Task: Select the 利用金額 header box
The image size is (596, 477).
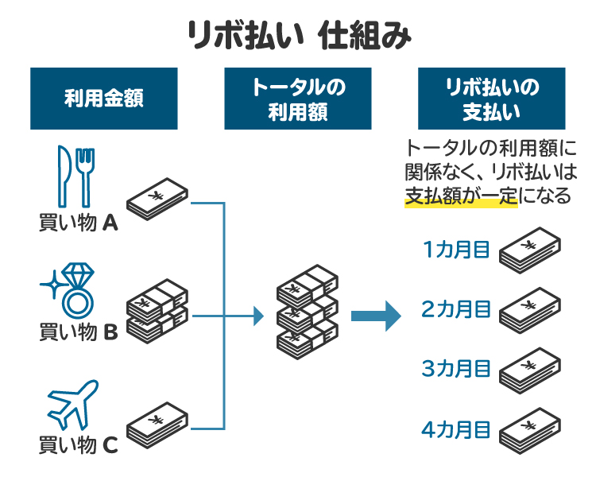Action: click(103, 99)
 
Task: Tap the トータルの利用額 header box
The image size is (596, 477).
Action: click(298, 99)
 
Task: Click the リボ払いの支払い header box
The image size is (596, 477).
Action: click(492, 99)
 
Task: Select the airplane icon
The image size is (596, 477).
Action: click(73, 405)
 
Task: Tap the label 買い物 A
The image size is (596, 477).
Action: click(78, 223)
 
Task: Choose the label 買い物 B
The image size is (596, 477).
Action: click(78, 332)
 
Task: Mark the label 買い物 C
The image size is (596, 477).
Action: click(78, 445)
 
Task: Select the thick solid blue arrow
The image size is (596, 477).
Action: click(375, 316)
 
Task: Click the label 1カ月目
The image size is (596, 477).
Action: click(456, 250)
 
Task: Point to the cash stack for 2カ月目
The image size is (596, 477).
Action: click(528, 311)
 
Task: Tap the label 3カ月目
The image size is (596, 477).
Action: click(456, 369)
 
